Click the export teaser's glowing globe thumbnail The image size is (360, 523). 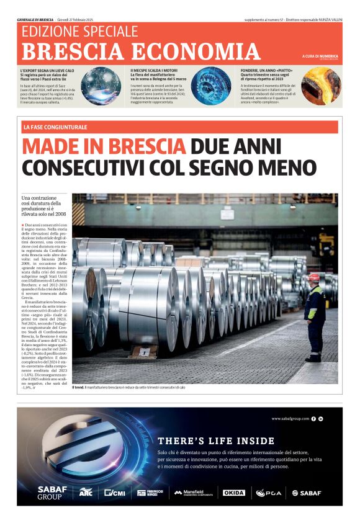(x=102, y=86)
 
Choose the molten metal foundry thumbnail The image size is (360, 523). (x=322, y=86)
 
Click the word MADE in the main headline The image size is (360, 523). (x=55, y=146)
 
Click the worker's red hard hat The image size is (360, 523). (x=314, y=277)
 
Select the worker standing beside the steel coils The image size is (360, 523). (x=314, y=316)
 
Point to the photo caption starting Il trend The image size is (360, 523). (x=128, y=388)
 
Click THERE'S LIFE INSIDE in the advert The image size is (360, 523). (x=216, y=441)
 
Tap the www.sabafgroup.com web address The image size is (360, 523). (x=290, y=419)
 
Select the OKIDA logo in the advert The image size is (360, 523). (x=234, y=493)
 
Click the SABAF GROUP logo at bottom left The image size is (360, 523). (x=49, y=493)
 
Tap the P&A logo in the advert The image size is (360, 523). (x=269, y=493)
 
